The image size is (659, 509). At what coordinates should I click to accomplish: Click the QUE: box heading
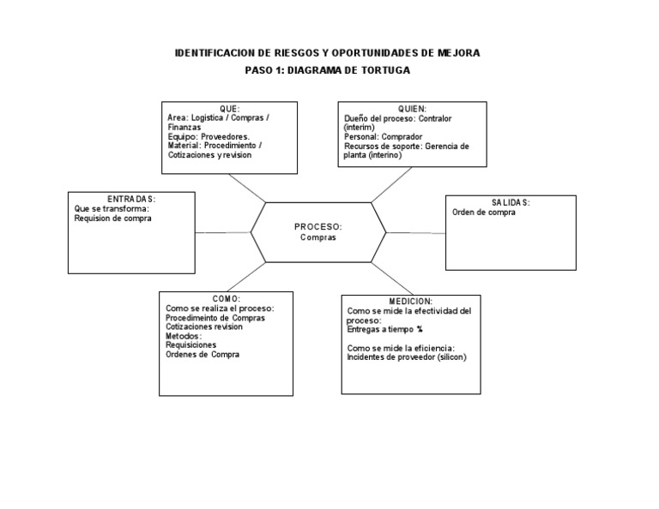229,108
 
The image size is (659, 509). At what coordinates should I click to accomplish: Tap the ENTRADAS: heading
131,199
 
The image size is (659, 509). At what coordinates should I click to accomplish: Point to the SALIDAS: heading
511,202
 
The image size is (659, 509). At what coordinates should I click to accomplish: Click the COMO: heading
227,298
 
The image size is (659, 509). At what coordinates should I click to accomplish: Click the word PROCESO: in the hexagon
318,227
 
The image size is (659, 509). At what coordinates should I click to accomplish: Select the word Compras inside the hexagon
318,237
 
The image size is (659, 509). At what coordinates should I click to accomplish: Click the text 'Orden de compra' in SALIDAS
484,213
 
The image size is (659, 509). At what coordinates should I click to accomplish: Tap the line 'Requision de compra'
113,219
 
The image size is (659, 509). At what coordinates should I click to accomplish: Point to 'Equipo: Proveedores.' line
209,136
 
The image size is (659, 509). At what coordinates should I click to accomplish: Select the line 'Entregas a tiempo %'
385,329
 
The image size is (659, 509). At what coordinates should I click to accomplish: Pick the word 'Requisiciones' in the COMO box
192,344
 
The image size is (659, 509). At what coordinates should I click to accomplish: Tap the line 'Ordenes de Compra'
203,354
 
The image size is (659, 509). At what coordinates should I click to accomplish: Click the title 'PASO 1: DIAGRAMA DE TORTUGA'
328,69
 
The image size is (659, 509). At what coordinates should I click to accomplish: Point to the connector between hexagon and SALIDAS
415,231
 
